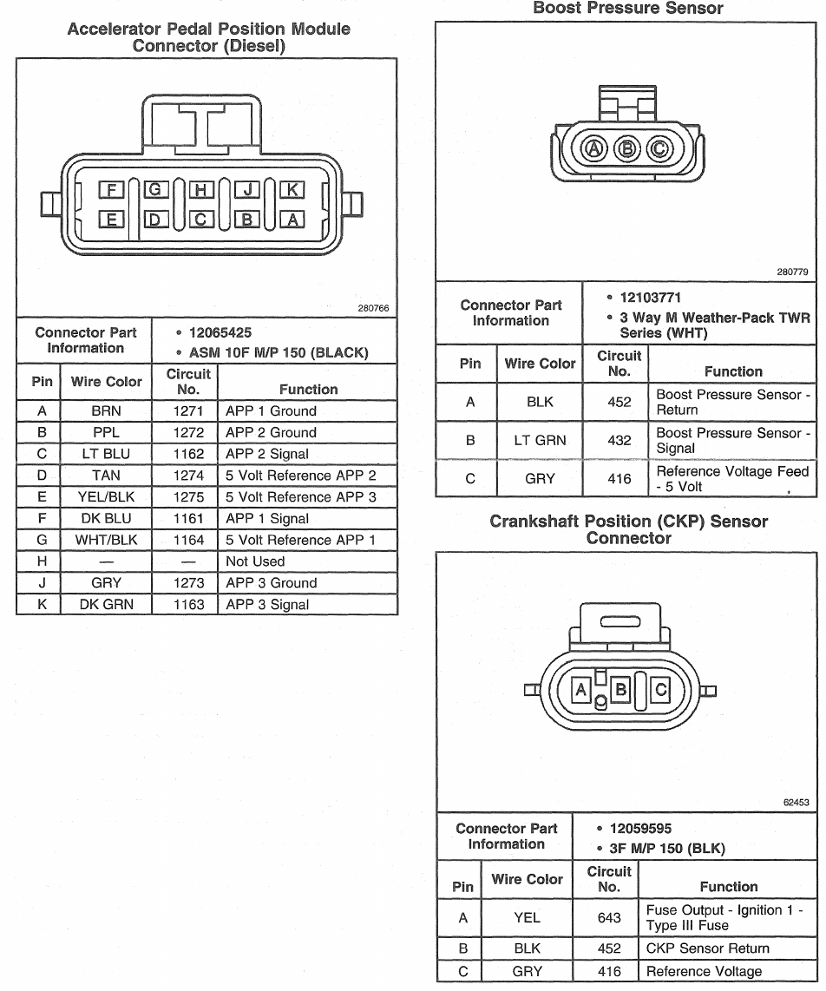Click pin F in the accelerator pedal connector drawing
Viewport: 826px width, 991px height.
pyautogui.click(x=111, y=190)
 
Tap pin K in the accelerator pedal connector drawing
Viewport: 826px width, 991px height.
pyautogui.click(x=292, y=190)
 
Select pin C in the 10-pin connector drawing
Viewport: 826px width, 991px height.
pyautogui.click(x=200, y=220)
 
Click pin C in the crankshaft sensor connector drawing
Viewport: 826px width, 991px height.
pyautogui.click(x=660, y=690)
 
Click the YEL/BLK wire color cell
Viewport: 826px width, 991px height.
pyautogui.click(x=106, y=497)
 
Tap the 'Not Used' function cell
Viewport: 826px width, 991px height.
pyautogui.click(x=255, y=561)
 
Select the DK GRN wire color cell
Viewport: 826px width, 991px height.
pyautogui.click(x=106, y=605)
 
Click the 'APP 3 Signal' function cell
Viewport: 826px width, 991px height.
pyautogui.click(x=267, y=605)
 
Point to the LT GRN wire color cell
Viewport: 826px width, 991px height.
pyautogui.click(x=540, y=441)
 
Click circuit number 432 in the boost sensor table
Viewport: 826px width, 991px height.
pyautogui.click(x=619, y=441)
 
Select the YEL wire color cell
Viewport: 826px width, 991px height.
pyautogui.click(x=527, y=918)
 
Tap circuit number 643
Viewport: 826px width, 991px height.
pyautogui.click(x=609, y=918)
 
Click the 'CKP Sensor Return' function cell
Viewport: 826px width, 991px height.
pyautogui.click(x=707, y=948)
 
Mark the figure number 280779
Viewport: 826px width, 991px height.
pyautogui.click(x=793, y=272)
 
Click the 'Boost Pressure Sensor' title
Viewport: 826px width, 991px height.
pyautogui.click(x=627, y=9)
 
